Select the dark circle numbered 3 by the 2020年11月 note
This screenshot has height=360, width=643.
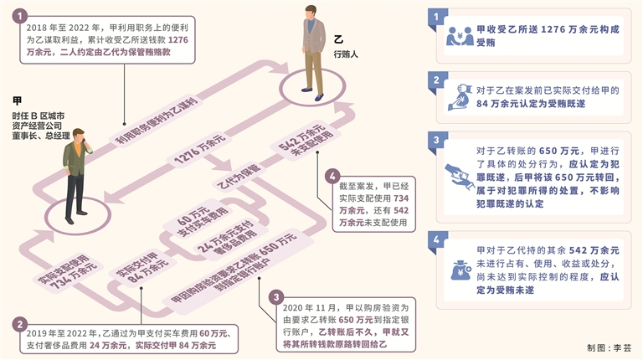click(x=276, y=298)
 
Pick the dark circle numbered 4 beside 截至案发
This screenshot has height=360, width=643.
click(x=333, y=177)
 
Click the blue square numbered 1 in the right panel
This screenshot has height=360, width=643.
click(x=435, y=15)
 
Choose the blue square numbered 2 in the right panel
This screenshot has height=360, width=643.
click(x=435, y=80)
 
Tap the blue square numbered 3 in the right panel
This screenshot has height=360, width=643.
click(x=435, y=139)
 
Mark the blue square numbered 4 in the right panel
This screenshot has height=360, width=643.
click(x=435, y=239)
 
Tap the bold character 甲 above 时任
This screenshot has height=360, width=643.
click(x=18, y=100)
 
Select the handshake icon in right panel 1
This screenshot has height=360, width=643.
click(x=460, y=36)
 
